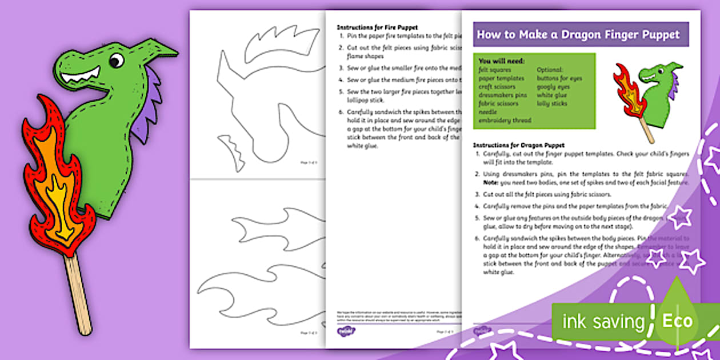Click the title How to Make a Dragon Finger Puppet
coord(578,34)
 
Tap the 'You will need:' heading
coord(502,61)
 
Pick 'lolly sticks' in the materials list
coord(551,103)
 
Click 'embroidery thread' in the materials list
coord(505,121)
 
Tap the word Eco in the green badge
coord(677,321)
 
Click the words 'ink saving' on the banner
coord(603,322)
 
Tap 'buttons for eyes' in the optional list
coord(559,78)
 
